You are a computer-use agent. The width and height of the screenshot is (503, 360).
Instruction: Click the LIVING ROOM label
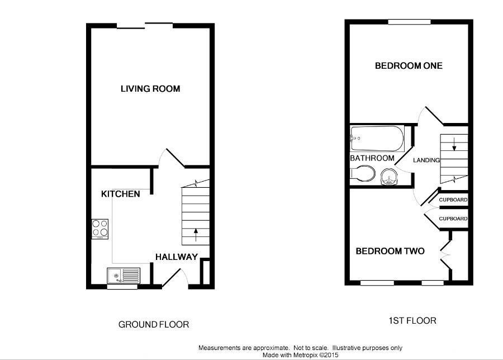[150, 89]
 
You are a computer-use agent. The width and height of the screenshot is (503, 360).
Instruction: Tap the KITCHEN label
[120, 194]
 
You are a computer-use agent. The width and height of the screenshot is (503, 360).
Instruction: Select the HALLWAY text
[176, 257]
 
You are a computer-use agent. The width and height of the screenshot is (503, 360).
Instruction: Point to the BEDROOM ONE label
[409, 66]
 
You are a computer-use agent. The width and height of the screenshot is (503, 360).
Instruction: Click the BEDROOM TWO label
[390, 251]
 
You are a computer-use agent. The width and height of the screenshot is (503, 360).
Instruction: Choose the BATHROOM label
[372, 158]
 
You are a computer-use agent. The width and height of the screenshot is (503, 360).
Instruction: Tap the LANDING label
[426, 160]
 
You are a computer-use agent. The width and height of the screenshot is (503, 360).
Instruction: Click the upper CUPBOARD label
[453, 200]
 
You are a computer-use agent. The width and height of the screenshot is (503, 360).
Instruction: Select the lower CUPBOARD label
[453, 219]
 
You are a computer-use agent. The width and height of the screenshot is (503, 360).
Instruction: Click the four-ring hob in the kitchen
[100, 229]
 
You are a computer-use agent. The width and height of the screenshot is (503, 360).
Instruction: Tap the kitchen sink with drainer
[124, 275]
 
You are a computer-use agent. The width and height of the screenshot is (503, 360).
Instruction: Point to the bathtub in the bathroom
[376, 139]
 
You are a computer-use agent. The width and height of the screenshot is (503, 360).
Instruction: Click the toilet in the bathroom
[363, 173]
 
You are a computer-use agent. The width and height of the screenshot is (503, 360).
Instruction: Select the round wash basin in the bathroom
[388, 178]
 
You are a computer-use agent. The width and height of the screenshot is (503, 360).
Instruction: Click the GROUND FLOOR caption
[154, 324]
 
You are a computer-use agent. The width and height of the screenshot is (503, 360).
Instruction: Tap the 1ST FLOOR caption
[412, 321]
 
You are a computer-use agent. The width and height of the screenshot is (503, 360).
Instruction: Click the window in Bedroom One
[410, 22]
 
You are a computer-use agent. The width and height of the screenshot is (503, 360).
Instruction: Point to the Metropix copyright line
[300, 354]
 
